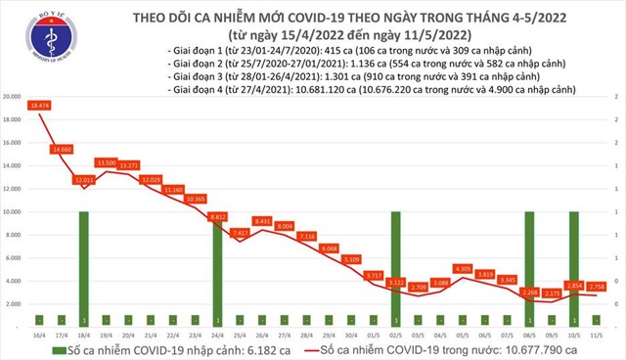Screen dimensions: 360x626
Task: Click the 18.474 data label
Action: tap(40, 104)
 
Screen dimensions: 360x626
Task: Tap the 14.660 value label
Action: tap(62, 149)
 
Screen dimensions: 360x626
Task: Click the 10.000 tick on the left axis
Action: tap(13, 212)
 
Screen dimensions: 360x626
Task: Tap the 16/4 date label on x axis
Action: tap(38, 334)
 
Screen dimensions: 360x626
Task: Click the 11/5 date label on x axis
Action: tap(596, 334)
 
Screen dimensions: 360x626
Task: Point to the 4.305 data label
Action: tap(462, 268)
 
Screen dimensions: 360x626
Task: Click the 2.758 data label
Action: tap(596, 286)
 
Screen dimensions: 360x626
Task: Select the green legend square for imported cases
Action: tap(60, 349)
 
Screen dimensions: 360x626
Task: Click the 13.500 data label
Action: tap(107, 162)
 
